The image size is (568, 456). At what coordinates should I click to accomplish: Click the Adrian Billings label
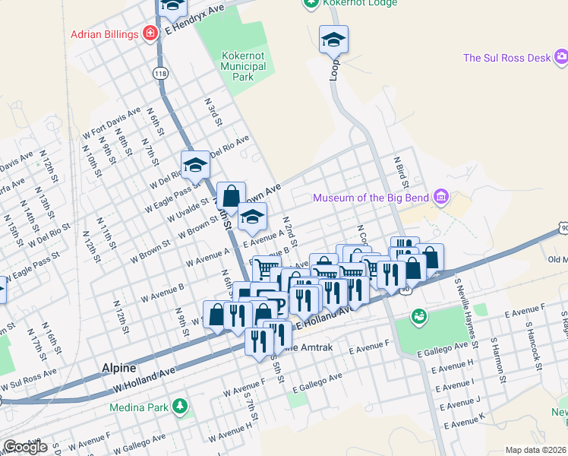(x=105, y=34)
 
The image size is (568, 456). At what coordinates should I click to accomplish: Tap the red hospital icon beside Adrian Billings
(x=150, y=34)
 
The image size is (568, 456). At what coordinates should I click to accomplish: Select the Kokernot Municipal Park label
(x=243, y=67)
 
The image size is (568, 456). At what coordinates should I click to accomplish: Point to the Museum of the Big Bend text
(x=371, y=198)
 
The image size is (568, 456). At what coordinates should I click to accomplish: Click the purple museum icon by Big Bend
(x=441, y=198)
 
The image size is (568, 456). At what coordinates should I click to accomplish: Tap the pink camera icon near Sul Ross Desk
(x=560, y=56)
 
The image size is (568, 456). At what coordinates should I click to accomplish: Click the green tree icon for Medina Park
(x=180, y=407)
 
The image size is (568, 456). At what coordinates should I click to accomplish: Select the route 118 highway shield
(x=159, y=73)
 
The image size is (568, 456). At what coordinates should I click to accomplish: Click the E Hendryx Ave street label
(x=197, y=18)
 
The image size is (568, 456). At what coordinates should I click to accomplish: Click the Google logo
(x=25, y=447)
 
